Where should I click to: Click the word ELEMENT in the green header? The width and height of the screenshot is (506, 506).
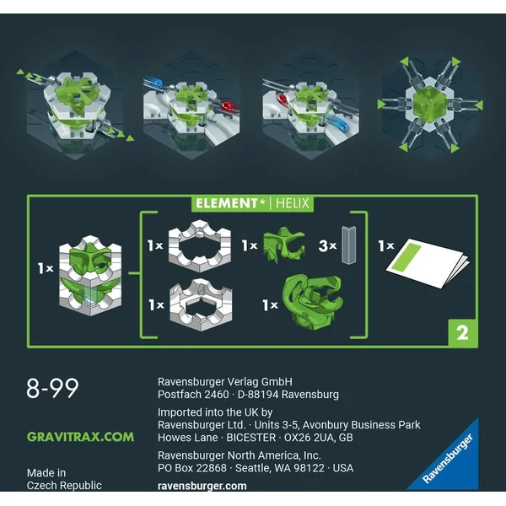coord(226,203)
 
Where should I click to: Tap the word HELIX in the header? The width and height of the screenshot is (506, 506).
coord(293,203)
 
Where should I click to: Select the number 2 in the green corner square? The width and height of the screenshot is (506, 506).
coord(462,333)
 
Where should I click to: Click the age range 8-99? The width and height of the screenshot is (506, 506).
coord(52,388)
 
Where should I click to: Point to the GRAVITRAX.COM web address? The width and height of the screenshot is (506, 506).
coord(80,437)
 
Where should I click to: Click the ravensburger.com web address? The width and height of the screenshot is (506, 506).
coord(202,486)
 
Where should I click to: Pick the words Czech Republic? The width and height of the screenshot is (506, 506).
coord(64,486)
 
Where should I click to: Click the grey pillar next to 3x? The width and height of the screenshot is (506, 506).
coord(348,245)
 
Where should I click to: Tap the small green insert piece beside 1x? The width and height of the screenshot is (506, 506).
coord(284,245)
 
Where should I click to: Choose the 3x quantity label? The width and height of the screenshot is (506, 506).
coord(327,246)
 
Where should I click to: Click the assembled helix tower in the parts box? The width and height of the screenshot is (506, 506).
coord(90,275)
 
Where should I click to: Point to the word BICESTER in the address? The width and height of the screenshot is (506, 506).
coord(251,438)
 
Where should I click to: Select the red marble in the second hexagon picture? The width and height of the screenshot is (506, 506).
coord(228,106)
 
